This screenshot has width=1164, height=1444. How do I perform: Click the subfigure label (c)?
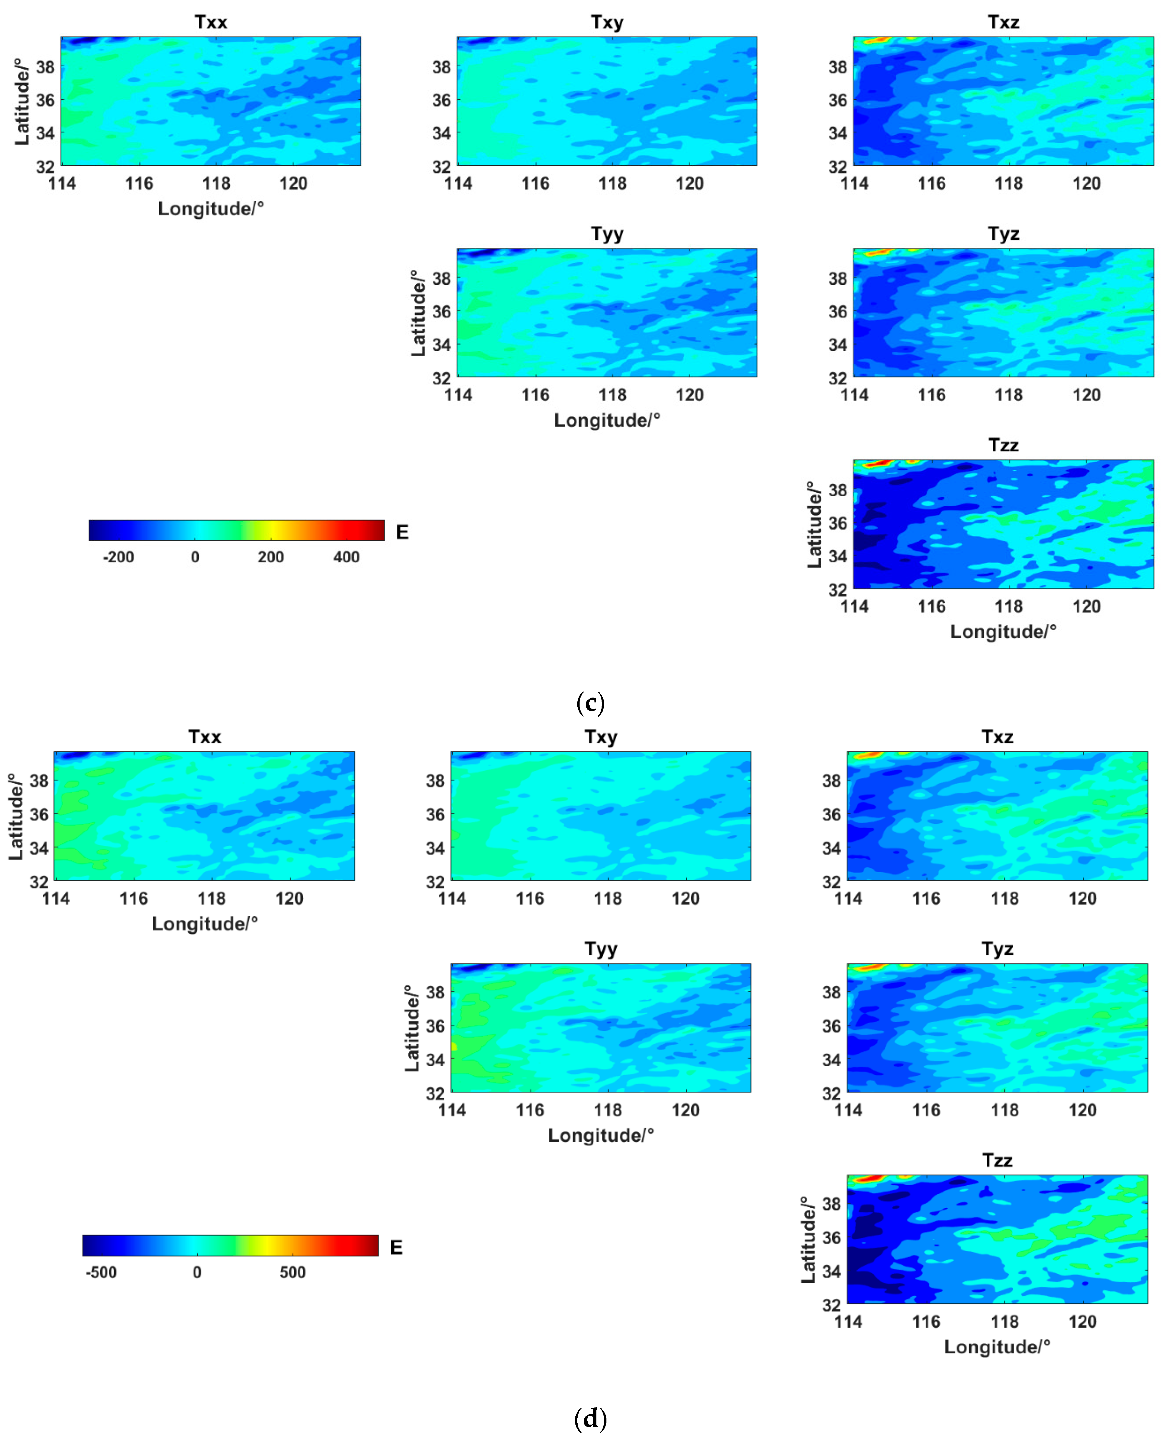click(590, 702)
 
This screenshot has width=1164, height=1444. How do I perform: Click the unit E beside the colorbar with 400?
click(402, 532)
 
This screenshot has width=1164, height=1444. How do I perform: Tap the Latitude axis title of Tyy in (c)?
click(418, 313)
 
